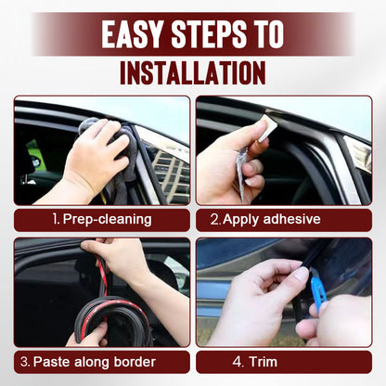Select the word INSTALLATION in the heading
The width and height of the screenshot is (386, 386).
(192, 71)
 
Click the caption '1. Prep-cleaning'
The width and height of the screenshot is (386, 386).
(101, 220)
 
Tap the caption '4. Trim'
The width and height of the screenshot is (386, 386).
(284, 361)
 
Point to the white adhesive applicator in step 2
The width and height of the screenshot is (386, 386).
(266, 129)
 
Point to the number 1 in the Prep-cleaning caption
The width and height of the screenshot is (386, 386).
(56, 220)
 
